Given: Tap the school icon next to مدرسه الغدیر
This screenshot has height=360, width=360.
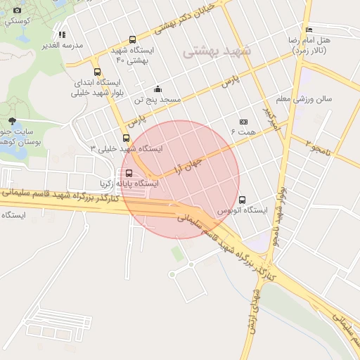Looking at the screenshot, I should coord(62,34).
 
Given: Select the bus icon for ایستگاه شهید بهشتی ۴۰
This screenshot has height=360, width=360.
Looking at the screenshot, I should coord(132,41).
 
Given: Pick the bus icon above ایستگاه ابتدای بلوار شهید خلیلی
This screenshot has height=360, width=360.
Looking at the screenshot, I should coord(97,72).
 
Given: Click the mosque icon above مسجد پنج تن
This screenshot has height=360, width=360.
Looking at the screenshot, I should coord(157,89).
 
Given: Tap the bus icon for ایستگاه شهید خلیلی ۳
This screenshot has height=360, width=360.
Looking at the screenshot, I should coord(126,138).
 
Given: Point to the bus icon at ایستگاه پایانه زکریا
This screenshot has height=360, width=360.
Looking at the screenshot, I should coord(128,173).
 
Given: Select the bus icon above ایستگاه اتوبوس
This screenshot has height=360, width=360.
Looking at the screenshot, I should coord(243,200).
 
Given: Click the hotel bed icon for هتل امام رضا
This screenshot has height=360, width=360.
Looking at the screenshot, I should coord(309,30).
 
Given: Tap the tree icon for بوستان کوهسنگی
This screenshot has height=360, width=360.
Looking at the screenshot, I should coord(12,121).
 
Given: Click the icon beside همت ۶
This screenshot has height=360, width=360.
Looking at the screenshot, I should coord(244,122).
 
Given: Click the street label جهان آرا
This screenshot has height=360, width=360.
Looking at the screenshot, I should coord(186,166).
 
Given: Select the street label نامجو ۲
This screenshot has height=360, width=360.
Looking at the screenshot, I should coord(319,147).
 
